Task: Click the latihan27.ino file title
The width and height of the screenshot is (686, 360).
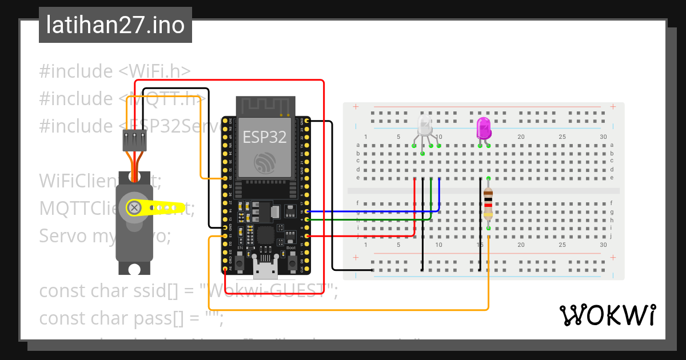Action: pyautogui.click(x=115, y=25)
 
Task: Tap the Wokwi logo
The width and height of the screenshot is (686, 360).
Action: pyautogui.click(x=607, y=315)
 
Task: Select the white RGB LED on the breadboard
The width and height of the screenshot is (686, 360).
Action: pyautogui.click(x=425, y=126)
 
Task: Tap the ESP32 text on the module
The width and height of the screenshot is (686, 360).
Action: pyautogui.click(x=265, y=137)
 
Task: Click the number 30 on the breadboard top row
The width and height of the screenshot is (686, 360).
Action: pyautogui.click(x=604, y=137)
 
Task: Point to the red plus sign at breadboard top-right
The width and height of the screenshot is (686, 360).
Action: pyautogui.click(x=613, y=107)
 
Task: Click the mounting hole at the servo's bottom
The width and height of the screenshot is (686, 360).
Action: pyautogui.click(x=134, y=269)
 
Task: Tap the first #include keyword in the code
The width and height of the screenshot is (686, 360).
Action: pyautogui.click(x=76, y=71)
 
